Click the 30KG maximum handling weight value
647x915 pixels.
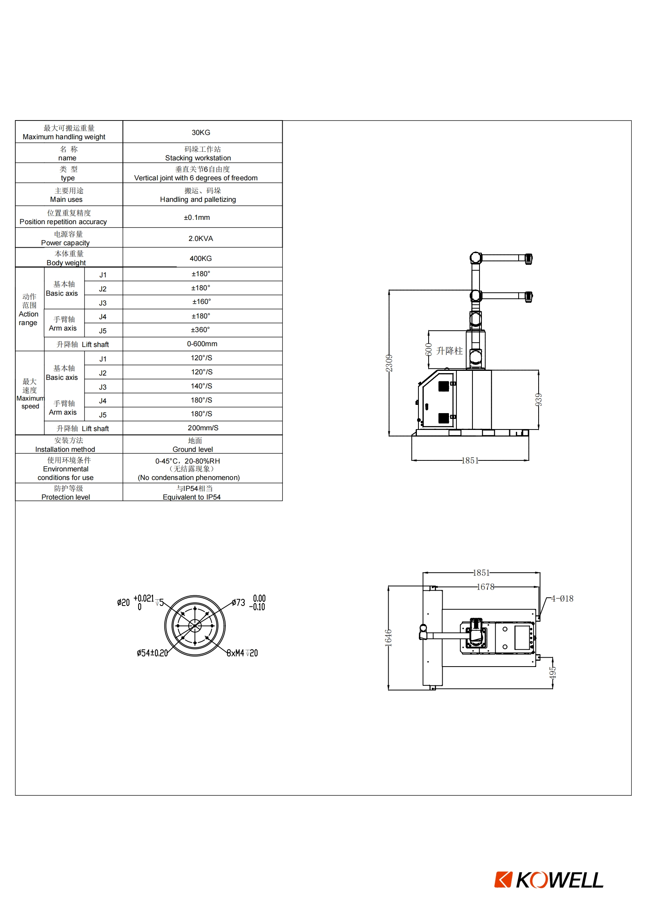(x=200, y=132)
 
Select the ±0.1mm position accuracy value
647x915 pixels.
(x=196, y=217)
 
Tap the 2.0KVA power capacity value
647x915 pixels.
(x=200, y=238)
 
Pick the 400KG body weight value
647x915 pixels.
(x=200, y=258)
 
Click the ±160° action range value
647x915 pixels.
(x=201, y=302)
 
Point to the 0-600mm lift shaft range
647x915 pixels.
(x=202, y=343)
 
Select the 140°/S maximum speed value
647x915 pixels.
(x=201, y=386)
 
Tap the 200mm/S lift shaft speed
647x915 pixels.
(x=203, y=428)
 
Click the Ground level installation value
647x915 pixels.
(x=193, y=449)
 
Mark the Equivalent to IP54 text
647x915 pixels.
(x=191, y=497)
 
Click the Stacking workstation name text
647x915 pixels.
(x=198, y=158)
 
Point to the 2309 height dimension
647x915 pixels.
(x=389, y=363)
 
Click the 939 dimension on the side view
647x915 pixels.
(x=539, y=399)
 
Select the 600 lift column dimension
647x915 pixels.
(x=429, y=349)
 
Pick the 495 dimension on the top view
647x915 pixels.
(x=553, y=673)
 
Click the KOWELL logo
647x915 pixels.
(x=548, y=880)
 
